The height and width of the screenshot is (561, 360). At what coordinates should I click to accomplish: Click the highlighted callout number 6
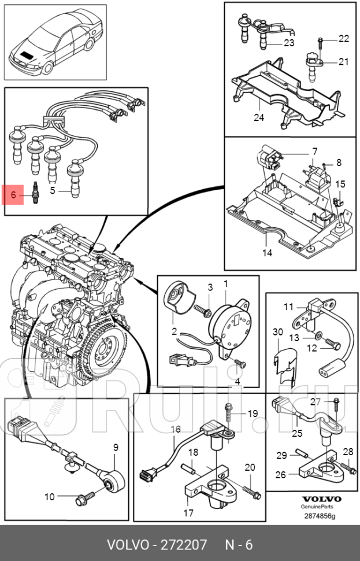(13, 195)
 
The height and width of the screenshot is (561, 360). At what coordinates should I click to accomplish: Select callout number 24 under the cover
(258, 117)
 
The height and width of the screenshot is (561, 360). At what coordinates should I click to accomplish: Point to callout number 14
(266, 253)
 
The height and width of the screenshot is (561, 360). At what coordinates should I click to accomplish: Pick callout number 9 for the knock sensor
(116, 447)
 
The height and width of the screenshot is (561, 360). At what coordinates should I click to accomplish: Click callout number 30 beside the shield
(277, 331)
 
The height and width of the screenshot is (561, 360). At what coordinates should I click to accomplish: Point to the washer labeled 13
(319, 336)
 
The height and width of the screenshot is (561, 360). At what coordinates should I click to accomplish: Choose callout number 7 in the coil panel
(314, 152)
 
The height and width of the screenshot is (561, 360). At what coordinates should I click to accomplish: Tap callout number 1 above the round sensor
(226, 283)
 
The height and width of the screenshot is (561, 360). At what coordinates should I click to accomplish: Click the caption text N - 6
(238, 545)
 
